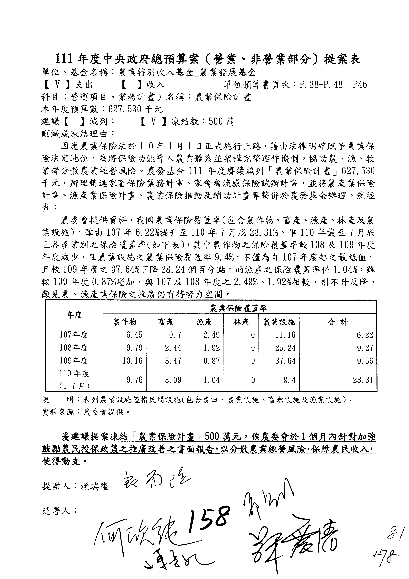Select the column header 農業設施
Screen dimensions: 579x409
(279, 322)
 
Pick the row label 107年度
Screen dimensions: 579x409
(74, 335)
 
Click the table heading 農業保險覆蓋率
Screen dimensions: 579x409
(238, 308)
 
